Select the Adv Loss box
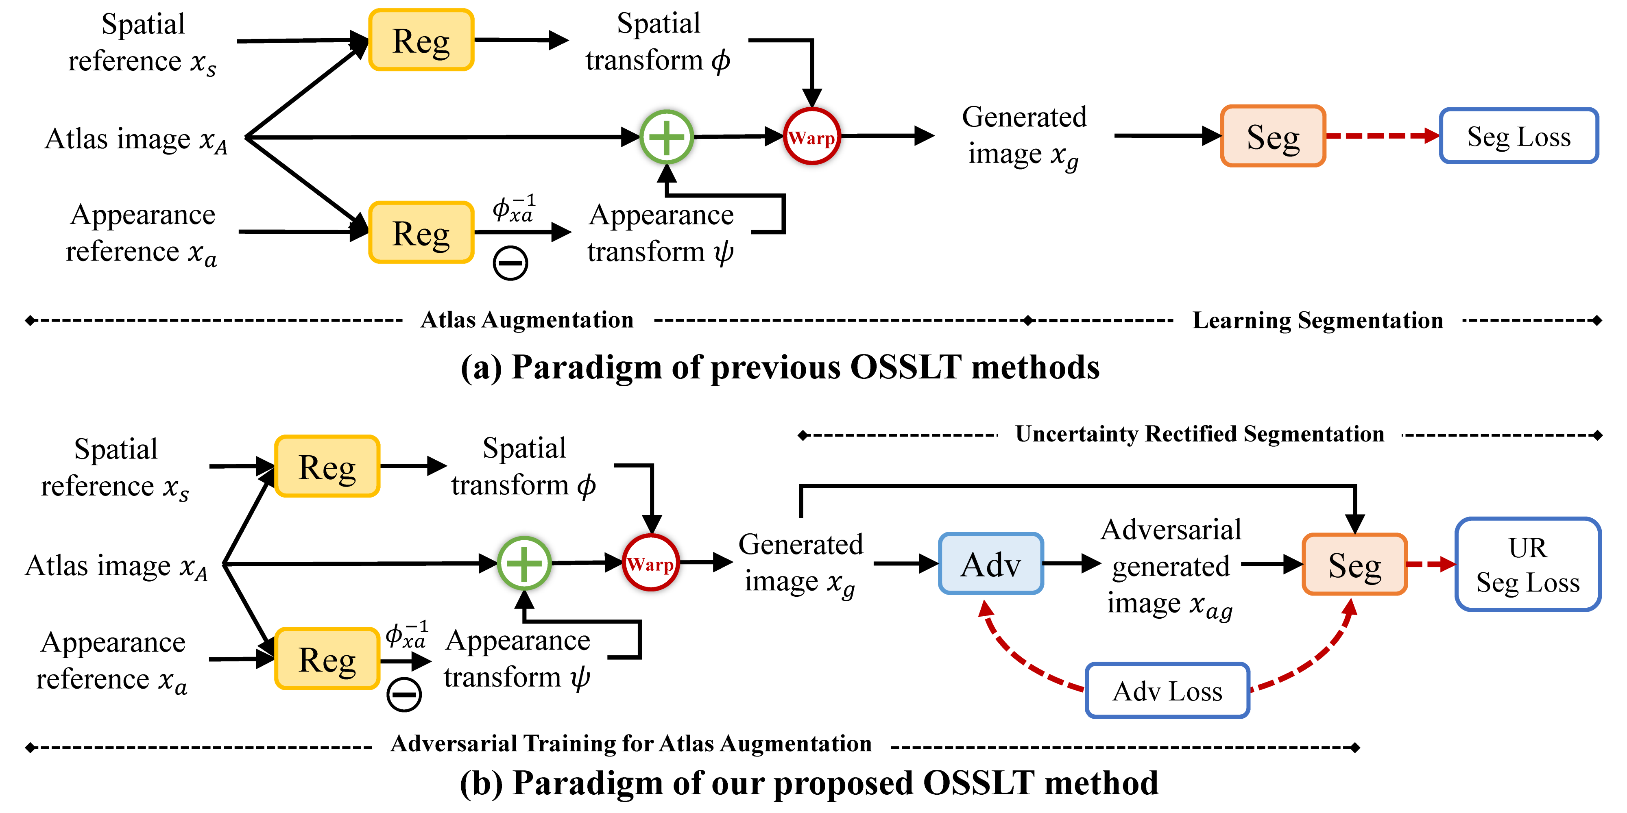coord(1167,691)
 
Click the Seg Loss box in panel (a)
coord(1518,136)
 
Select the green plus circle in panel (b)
coord(524,563)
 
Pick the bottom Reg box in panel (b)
coord(327,659)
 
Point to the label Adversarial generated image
coord(1170,567)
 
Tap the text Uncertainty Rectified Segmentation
coord(1200,434)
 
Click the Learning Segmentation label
coord(1317,321)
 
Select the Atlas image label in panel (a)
coord(136,139)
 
